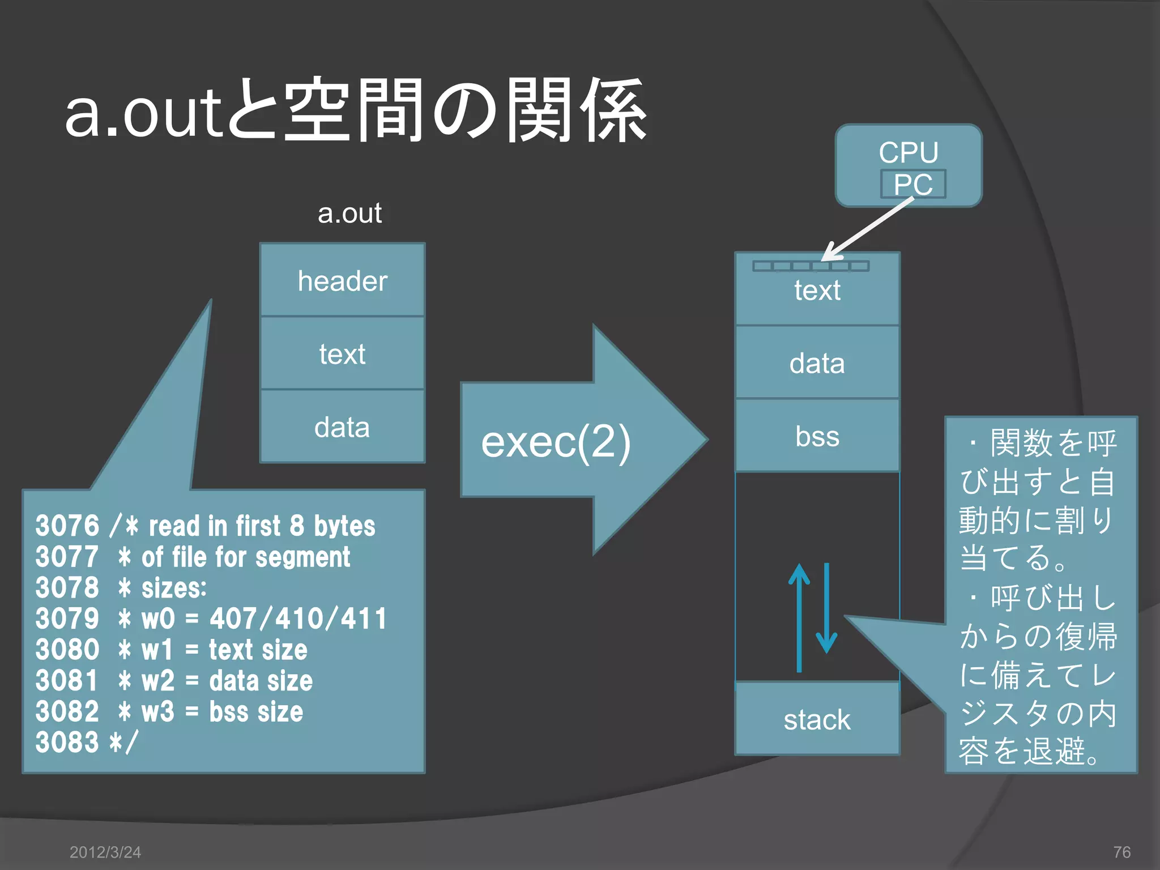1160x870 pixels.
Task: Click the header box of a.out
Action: tap(342, 280)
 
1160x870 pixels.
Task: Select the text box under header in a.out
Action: tap(342, 353)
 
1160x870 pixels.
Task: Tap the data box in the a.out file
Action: tap(342, 427)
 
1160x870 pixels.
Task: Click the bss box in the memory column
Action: tap(817, 436)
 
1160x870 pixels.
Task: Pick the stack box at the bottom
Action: tap(817, 719)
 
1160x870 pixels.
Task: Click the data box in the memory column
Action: tap(817, 362)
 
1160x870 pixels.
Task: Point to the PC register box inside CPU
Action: tap(912, 184)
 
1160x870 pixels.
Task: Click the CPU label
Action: tap(909, 152)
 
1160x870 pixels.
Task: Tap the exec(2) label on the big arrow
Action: tap(555, 442)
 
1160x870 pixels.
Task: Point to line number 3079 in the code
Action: tap(67, 619)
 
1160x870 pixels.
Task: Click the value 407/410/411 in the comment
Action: tap(298, 619)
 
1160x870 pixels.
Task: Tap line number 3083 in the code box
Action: tap(67, 742)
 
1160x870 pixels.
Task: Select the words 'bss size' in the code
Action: tap(256, 711)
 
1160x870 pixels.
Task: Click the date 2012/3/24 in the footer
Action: tap(105, 852)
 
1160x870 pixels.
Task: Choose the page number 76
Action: tap(1121, 852)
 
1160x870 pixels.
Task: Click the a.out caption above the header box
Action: tap(349, 214)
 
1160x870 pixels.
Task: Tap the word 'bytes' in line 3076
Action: tap(344, 526)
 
